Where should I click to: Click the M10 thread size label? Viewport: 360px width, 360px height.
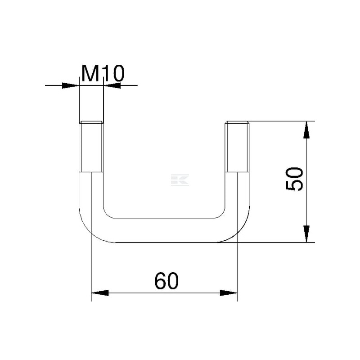pos(103,73)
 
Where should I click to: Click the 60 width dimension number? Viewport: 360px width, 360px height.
pos(166,281)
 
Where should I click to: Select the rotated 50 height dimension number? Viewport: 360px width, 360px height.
pos(294,179)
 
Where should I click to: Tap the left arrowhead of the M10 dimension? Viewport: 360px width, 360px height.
pos(71,85)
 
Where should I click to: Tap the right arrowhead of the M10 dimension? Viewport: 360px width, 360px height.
pos(112,85)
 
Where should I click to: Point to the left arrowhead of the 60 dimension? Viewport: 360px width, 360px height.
pos(100,293)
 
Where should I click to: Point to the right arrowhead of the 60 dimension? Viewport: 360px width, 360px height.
pos(229,293)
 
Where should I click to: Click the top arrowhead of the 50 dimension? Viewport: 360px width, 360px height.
pos(306,130)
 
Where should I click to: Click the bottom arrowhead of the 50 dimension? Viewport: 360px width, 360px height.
pos(306,234)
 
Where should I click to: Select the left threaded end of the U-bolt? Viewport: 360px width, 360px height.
pos(91,147)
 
